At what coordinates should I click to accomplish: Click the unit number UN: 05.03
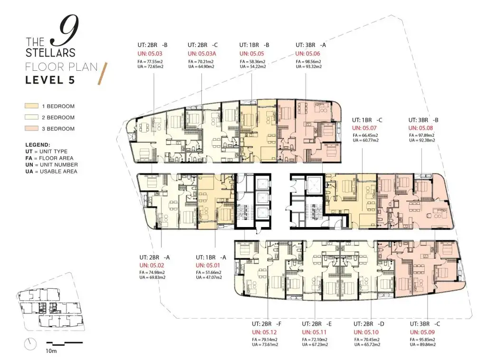[x=150, y=54]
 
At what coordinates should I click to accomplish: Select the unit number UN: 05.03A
[x=202, y=54]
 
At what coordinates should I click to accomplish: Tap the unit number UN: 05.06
[x=308, y=54]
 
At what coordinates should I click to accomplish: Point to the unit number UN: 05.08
[x=421, y=128]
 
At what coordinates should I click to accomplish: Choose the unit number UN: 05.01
[x=208, y=265]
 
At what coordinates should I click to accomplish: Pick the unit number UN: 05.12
[x=264, y=332]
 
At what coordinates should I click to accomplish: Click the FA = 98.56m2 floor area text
[x=308, y=62]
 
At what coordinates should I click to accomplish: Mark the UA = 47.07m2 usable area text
[x=209, y=277]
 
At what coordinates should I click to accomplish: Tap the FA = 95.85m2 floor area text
[x=422, y=340]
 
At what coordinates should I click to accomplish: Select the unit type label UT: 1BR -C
[x=367, y=120]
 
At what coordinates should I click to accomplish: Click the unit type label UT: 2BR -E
[x=317, y=324]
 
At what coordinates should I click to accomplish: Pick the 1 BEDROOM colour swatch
[x=32, y=106]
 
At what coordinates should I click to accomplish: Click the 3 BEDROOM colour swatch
[x=32, y=128]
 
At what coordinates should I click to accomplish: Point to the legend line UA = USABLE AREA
[x=51, y=171]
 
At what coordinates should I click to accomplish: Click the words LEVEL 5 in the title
[x=50, y=80]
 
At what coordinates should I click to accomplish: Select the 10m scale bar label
[x=51, y=351]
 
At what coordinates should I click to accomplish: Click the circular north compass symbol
[x=30, y=344]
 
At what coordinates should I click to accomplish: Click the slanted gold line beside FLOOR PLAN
[x=103, y=74]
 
